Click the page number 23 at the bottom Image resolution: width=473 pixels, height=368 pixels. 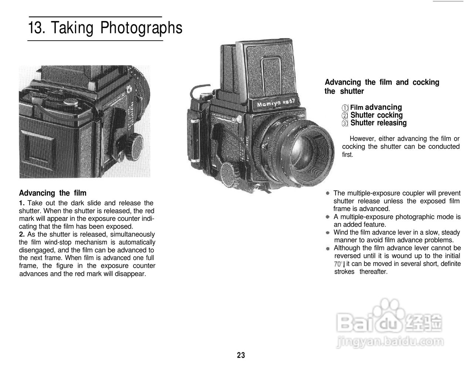pyautogui.click(x=241, y=355)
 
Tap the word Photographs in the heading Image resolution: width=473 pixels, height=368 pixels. pyautogui.click(x=142, y=28)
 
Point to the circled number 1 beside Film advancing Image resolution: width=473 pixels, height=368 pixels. pyautogui.click(x=345, y=108)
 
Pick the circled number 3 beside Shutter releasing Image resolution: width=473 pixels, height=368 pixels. pyautogui.click(x=345, y=124)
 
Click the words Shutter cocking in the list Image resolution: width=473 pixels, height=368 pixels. pyautogui.click(x=376, y=115)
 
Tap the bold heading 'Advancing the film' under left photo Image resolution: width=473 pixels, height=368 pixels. pyautogui.click(x=52, y=193)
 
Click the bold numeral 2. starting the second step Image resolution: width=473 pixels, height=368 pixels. pyautogui.click(x=22, y=234)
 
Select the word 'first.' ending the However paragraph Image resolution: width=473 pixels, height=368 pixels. pyautogui.click(x=347, y=155)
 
